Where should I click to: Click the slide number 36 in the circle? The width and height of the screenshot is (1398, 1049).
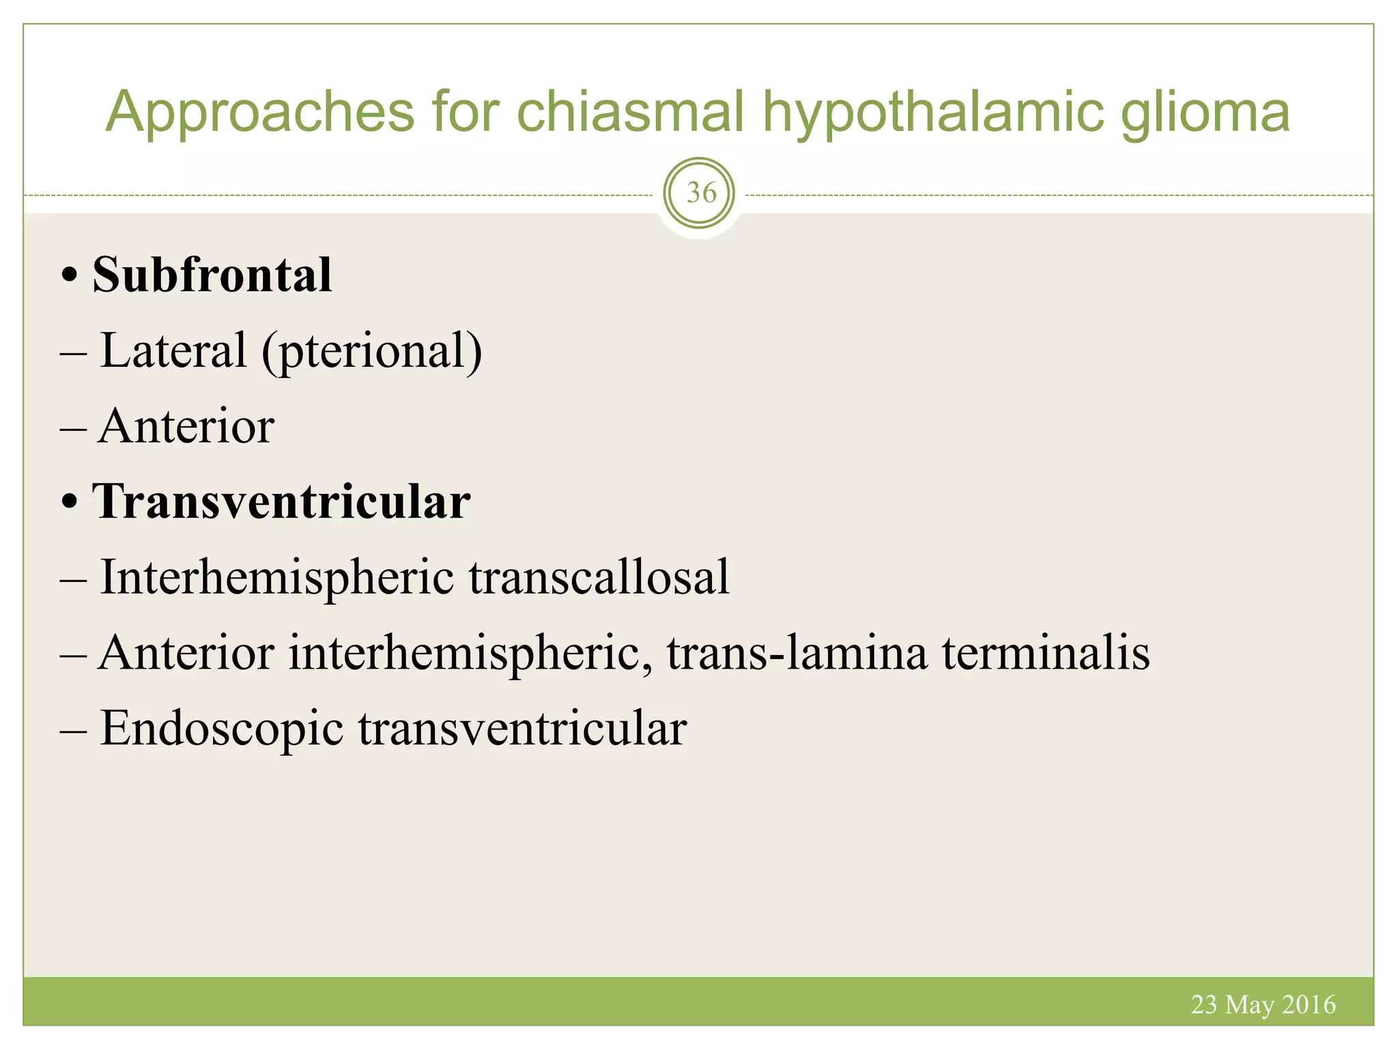coord(700,193)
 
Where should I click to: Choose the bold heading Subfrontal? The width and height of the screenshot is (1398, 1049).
coord(212,275)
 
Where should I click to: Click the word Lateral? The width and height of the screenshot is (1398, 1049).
coord(173,350)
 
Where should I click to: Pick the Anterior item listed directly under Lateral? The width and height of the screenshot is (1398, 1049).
coord(186,426)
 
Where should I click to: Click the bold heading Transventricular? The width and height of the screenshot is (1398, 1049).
coord(281,502)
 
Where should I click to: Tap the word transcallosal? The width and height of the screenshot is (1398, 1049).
coord(599,577)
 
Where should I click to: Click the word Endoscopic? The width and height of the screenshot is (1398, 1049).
coord(222,729)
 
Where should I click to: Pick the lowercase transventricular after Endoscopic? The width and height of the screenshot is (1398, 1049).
coord(522,729)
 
